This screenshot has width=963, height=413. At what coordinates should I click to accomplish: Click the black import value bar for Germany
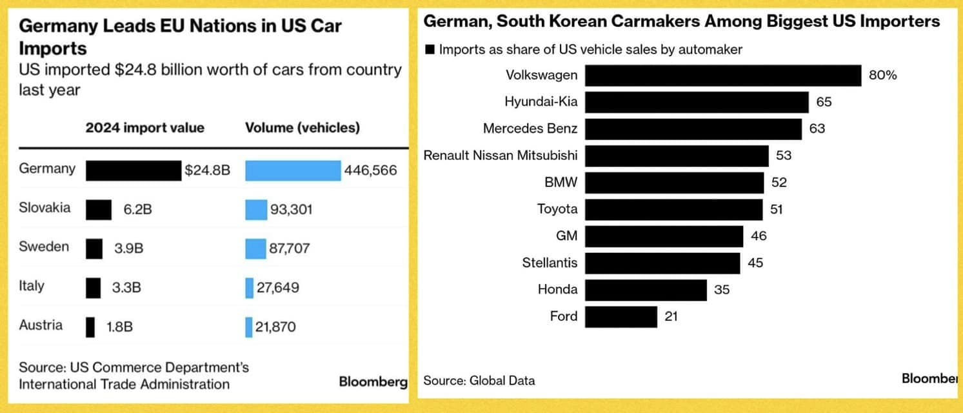pyautogui.click(x=134, y=170)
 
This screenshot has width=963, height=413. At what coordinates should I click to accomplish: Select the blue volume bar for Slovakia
pyautogui.click(x=256, y=210)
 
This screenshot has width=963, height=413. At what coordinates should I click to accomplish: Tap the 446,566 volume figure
pyautogui.click(x=371, y=170)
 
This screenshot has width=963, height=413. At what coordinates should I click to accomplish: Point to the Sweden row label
pyautogui.click(x=44, y=247)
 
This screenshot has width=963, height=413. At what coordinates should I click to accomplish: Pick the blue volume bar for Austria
pyautogui.click(x=249, y=327)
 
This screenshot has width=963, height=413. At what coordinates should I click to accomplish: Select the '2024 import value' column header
pyautogui.click(x=144, y=128)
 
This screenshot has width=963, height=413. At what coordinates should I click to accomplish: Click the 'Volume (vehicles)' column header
pyautogui.click(x=303, y=128)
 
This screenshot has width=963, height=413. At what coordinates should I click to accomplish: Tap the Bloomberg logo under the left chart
pyautogui.click(x=373, y=382)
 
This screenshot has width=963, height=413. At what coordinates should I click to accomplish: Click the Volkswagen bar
pyautogui.click(x=723, y=76)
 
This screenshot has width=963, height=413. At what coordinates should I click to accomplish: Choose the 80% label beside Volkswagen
pyautogui.click(x=883, y=76)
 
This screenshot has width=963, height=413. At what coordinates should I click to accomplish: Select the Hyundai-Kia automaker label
pyautogui.click(x=541, y=102)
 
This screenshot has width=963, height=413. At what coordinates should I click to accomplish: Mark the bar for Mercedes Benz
pyautogui.click(x=693, y=129)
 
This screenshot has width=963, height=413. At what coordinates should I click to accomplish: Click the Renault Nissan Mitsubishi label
pyautogui.click(x=501, y=156)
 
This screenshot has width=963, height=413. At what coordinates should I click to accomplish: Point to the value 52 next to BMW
pyautogui.click(x=779, y=183)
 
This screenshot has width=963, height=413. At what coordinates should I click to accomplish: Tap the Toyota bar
pyautogui.click(x=674, y=209)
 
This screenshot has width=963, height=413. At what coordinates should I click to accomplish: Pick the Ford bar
pyautogui.click(x=621, y=317)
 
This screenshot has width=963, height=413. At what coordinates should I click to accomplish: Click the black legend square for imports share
pyautogui.click(x=430, y=50)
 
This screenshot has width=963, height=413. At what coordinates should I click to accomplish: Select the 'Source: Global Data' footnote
pyautogui.click(x=479, y=381)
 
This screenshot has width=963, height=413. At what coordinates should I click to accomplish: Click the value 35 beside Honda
pyautogui.click(x=722, y=290)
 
